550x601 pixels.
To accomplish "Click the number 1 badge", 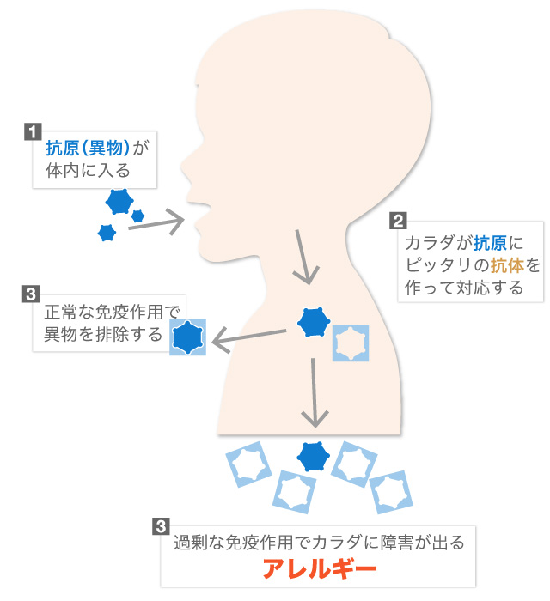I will [x=33, y=132].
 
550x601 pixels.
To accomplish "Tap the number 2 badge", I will [x=398, y=221].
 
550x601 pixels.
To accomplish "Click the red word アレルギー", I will [x=319, y=570].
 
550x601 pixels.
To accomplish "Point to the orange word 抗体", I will [x=502, y=265].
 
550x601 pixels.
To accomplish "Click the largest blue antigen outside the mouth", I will [x=119, y=203].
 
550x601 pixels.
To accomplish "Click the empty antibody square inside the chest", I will [x=350, y=343].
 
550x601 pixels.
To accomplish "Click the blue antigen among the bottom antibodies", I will [x=313, y=456].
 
